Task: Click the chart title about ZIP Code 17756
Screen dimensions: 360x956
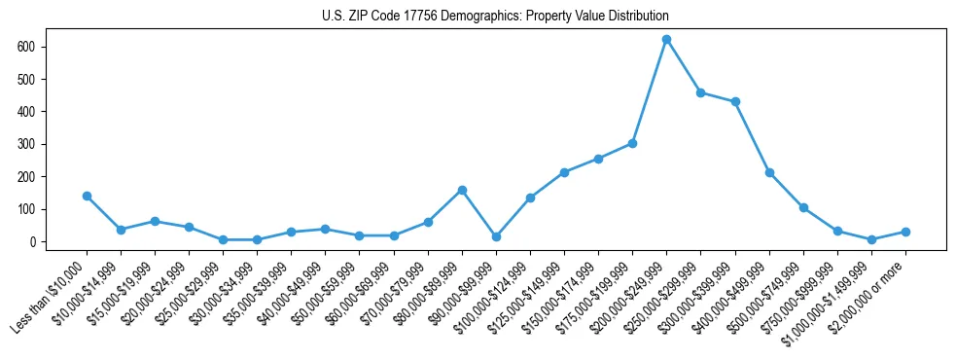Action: [495, 17]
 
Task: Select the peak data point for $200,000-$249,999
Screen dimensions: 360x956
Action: [666, 40]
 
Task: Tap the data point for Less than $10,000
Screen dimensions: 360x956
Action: [87, 196]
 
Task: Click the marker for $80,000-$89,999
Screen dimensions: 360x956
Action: [462, 190]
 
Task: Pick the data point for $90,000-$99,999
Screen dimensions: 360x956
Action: [496, 236]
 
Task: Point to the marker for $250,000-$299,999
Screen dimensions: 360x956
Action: [700, 92]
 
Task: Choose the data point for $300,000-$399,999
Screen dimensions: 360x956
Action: [735, 101]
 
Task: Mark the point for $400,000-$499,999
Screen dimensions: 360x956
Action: [769, 172]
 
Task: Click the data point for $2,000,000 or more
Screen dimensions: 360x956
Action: [905, 232]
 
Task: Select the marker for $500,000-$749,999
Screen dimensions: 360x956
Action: [803, 207]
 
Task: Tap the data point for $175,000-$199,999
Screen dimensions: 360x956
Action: [632, 143]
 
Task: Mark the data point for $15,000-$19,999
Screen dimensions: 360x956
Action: [155, 221]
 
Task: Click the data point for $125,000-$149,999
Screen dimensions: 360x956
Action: [564, 172]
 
